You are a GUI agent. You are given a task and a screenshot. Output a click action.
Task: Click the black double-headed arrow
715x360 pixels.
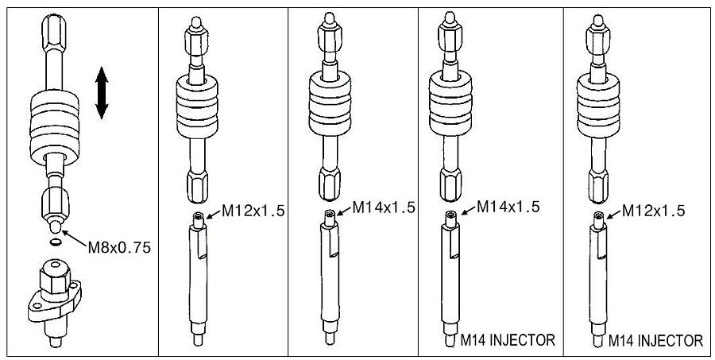(102, 93)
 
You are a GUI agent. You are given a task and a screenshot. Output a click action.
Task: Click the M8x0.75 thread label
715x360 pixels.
(119, 248)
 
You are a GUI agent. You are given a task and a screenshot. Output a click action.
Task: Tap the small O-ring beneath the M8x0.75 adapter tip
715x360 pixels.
(56, 242)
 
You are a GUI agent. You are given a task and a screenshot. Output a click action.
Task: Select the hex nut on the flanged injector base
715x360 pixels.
(55, 278)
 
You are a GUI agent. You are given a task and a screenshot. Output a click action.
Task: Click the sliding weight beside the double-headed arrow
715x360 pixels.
(54, 127)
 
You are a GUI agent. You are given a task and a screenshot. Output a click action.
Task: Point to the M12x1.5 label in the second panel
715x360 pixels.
(253, 211)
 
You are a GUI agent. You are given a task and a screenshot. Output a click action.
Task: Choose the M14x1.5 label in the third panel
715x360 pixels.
(384, 207)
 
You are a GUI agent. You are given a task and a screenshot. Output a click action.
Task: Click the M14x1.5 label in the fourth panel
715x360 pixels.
(508, 207)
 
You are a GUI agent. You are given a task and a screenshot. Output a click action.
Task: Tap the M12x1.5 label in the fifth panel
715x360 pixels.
(654, 211)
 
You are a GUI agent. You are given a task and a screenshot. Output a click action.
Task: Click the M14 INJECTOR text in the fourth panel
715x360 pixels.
(508, 340)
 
